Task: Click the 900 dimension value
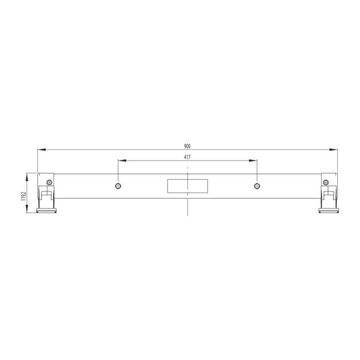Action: (187, 146)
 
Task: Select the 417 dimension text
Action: (187, 157)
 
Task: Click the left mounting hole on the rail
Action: (118, 185)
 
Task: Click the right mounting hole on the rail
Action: (257, 185)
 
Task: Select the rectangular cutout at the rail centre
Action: (187, 186)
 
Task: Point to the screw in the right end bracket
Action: (326, 182)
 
